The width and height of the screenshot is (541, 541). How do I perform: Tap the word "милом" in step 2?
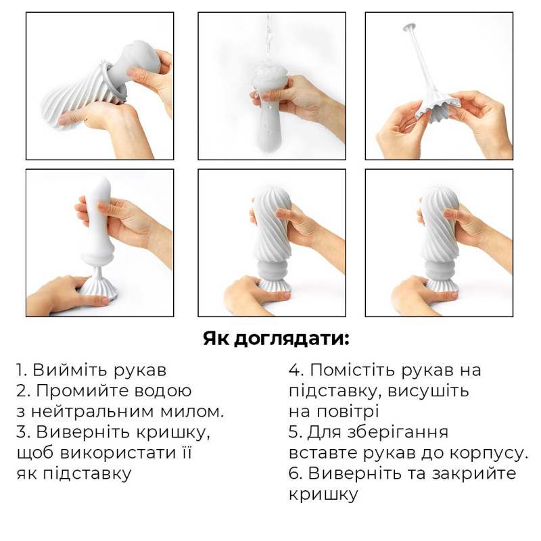click(x=197, y=411)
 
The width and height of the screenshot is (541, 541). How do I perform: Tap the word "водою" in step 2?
click(x=161, y=391)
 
